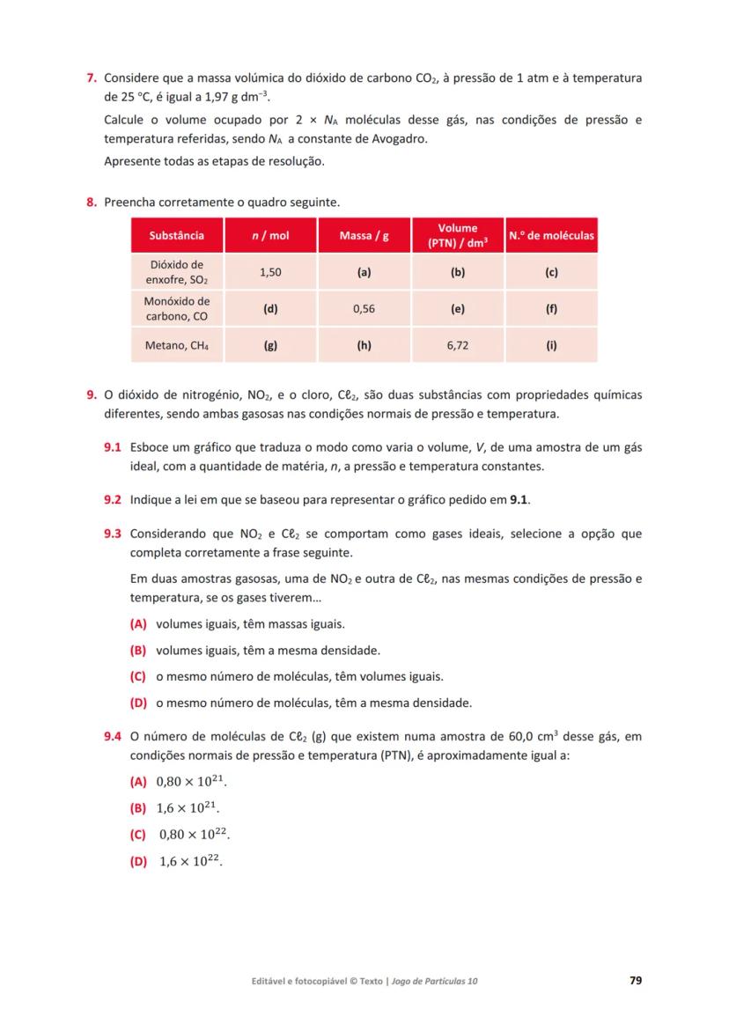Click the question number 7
pyautogui.click(x=91, y=78)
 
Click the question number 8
pyautogui.click(x=91, y=203)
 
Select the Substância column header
pyautogui.click(x=176, y=235)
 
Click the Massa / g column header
pyautogui.click(x=364, y=235)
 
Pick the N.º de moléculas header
pyautogui.click(x=551, y=235)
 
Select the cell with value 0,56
pyautogui.click(x=364, y=309)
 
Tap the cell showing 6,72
pyautogui.click(x=457, y=346)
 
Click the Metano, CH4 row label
pyautogui.click(x=176, y=346)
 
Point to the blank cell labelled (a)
pyautogui.click(x=364, y=272)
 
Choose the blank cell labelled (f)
pyautogui.click(x=551, y=309)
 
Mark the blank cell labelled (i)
pyautogui.click(x=551, y=346)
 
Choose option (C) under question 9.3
pyautogui.click(x=137, y=676)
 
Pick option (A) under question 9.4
pyautogui.click(x=137, y=781)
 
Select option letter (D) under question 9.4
pyautogui.click(x=137, y=861)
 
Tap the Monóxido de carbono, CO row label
pyautogui.click(x=176, y=309)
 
